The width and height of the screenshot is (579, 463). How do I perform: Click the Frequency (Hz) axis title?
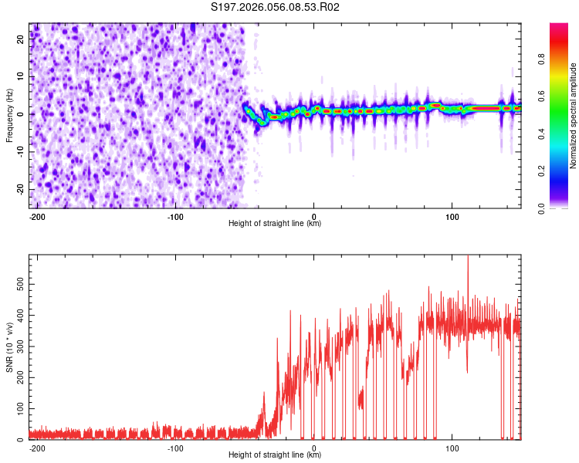(9, 116)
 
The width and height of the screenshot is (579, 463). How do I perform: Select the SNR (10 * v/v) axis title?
(9, 347)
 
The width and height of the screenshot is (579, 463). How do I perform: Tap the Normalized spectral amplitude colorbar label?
(574, 116)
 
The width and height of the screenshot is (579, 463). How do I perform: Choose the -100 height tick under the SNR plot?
(175, 448)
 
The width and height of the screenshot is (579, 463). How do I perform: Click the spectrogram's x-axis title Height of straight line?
(275, 224)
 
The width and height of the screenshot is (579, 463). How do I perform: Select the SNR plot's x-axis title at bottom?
(275, 455)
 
